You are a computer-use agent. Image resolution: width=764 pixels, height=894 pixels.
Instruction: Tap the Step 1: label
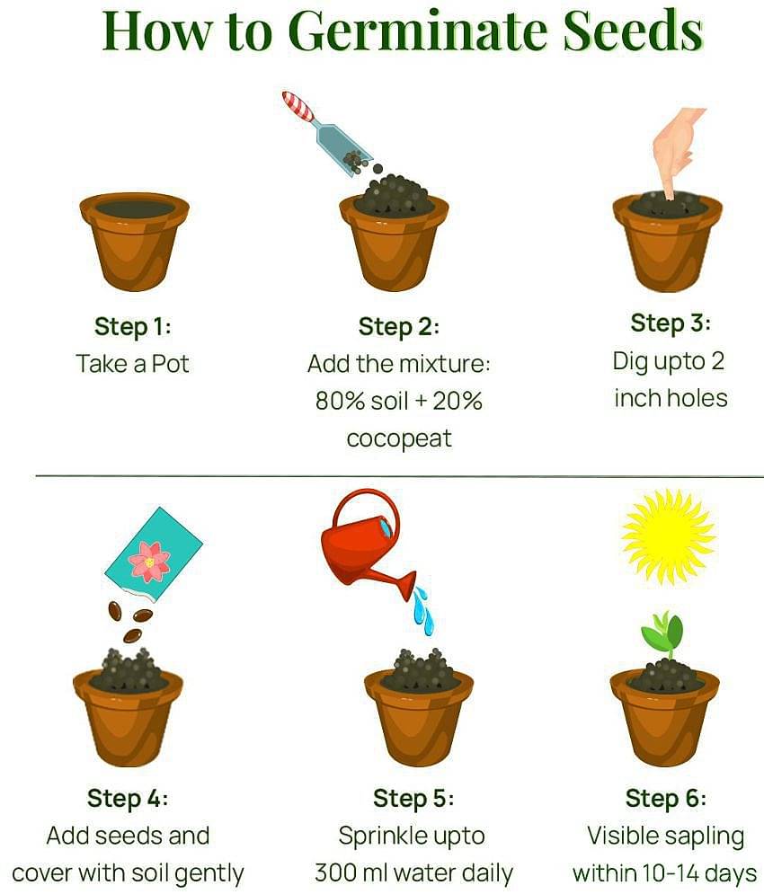[133, 326]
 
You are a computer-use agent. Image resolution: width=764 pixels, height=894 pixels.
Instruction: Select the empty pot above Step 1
[135, 240]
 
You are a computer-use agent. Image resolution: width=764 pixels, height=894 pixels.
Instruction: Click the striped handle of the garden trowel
[298, 106]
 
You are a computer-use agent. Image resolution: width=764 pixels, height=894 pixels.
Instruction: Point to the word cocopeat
[398, 438]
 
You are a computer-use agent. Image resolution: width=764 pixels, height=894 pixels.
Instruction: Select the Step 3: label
[670, 323]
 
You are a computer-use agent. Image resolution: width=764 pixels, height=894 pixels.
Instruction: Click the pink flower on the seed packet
[149, 562]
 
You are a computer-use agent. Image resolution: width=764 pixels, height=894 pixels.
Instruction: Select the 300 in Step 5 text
[333, 872]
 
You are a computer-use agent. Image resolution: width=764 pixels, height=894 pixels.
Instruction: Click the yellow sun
[668, 536]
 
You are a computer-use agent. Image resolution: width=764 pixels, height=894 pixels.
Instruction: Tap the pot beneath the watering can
[418, 715]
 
